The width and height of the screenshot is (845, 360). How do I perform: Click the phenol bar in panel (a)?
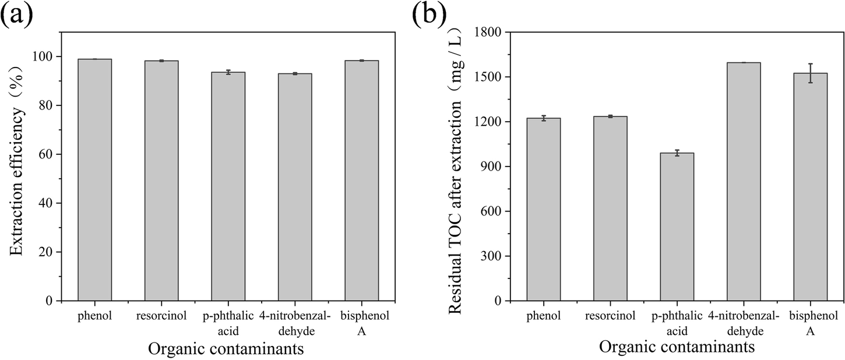(95, 181)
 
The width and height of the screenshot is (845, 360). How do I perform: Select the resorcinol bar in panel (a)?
(161, 181)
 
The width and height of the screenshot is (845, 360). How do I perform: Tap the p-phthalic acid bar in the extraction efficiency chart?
(228, 186)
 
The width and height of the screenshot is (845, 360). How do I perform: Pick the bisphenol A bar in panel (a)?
(361, 181)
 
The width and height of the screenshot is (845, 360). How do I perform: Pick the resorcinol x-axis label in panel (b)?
(610, 316)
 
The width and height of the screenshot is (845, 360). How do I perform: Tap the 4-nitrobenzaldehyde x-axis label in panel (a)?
(294, 323)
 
